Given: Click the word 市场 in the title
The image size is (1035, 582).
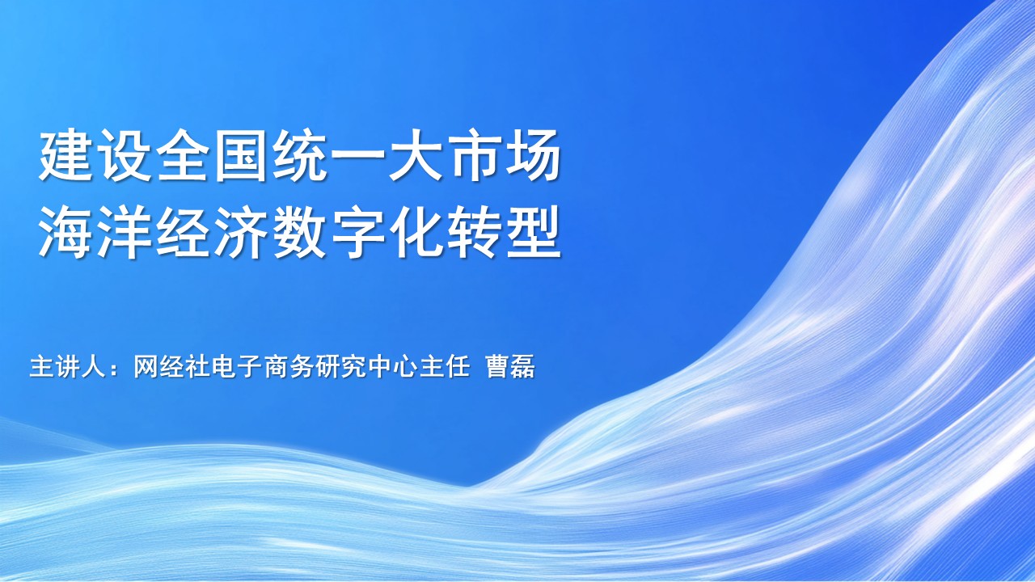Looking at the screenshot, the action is click(x=504, y=156).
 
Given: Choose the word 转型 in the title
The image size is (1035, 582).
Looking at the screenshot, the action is click(x=504, y=232).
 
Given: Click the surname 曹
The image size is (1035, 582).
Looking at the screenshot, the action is click(x=497, y=367).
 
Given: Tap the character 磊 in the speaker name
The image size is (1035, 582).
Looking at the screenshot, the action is click(x=523, y=367).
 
